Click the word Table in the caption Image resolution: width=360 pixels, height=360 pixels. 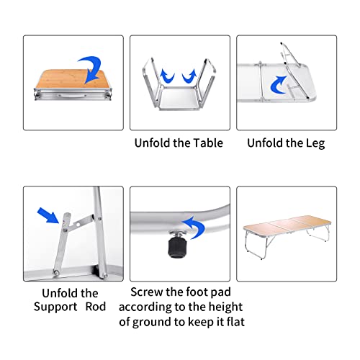(x=208, y=143)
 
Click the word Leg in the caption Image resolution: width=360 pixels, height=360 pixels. (x=315, y=143)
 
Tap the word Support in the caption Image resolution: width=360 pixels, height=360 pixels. (x=55, y=307)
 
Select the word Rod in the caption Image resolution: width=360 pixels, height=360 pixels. (x=96, y=307)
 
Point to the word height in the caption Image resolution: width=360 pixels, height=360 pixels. (x=225, y=307)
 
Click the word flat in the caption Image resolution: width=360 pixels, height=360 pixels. (x=235, y=322)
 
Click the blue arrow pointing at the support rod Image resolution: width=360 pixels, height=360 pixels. (x=48, y=215)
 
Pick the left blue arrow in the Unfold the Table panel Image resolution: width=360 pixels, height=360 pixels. (x=166, y=76)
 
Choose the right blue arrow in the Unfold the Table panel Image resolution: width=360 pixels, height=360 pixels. (x=189, y=76)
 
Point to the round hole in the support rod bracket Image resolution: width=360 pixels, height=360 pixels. (x=77, y=225)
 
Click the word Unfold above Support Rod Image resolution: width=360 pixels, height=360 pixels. (x=56, y=293)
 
